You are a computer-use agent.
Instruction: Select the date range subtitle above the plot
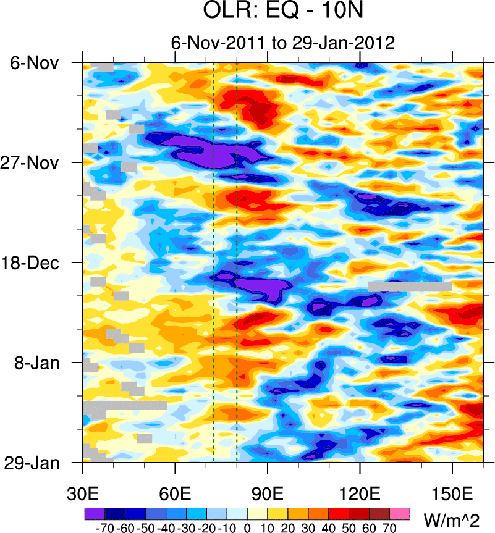click(282, 43)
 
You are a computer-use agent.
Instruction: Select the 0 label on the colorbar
click(247, 528)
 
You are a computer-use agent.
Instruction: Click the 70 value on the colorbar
click(390, 528)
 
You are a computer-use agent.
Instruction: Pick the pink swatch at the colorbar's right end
click(400, 513)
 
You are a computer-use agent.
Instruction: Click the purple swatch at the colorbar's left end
click(95, 513)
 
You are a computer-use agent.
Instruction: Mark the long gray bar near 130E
click(410, 286)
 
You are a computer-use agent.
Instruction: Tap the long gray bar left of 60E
click(126, 406)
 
